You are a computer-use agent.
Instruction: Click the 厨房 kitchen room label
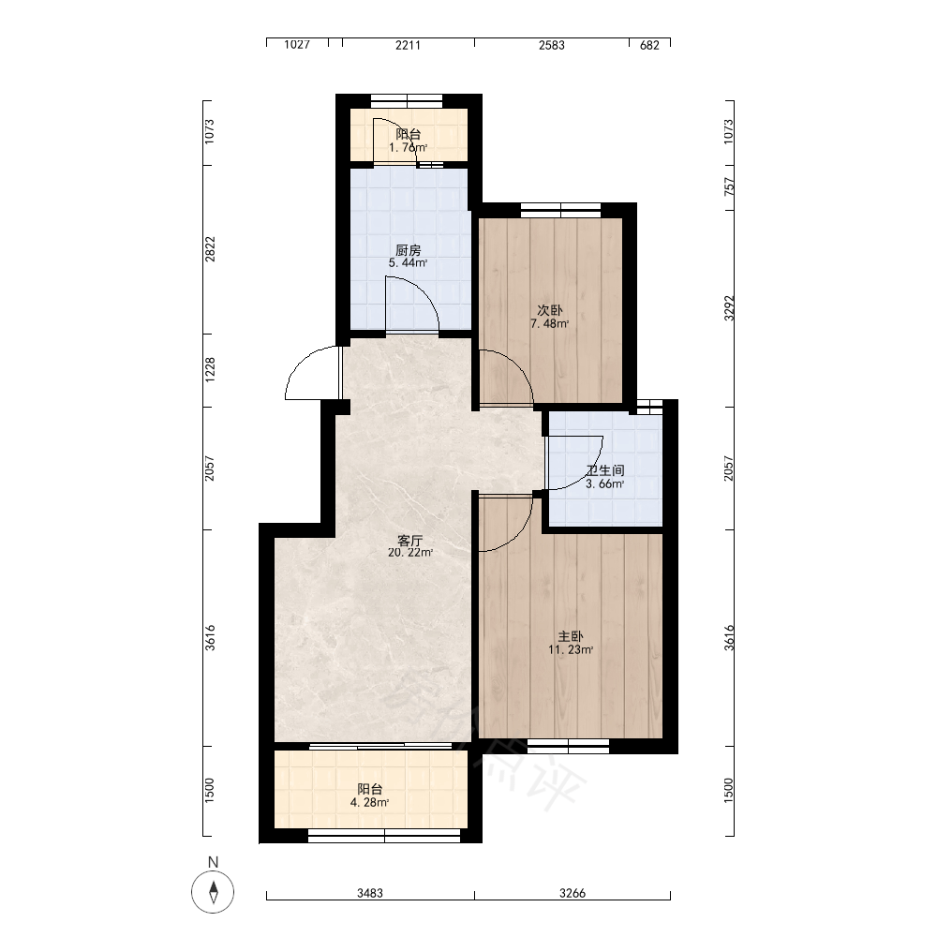(409, 250)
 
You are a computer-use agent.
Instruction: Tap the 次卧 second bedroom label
(550, 311)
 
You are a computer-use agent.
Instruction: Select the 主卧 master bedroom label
(571, 636)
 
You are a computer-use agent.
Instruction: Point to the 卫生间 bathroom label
(605, 471)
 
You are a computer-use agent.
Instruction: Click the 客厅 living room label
(410, 541)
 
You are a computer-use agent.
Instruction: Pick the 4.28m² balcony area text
(370, 803)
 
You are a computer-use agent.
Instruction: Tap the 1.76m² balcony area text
(409, 148)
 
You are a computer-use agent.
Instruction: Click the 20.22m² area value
(410, 553)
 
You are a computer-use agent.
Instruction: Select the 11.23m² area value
(571, 649)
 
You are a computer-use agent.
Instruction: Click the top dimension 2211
(409, 45)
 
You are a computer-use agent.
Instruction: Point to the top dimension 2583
(552, 45)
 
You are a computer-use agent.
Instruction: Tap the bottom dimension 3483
(370, 893)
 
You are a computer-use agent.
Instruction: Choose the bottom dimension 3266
(573, 893)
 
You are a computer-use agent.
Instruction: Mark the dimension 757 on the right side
(729, 186)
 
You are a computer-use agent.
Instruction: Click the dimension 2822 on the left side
(210, 249)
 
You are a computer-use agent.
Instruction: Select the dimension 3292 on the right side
(729, 307)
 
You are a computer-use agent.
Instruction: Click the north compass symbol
(213, 892)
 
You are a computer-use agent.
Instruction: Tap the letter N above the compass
(214, 862)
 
